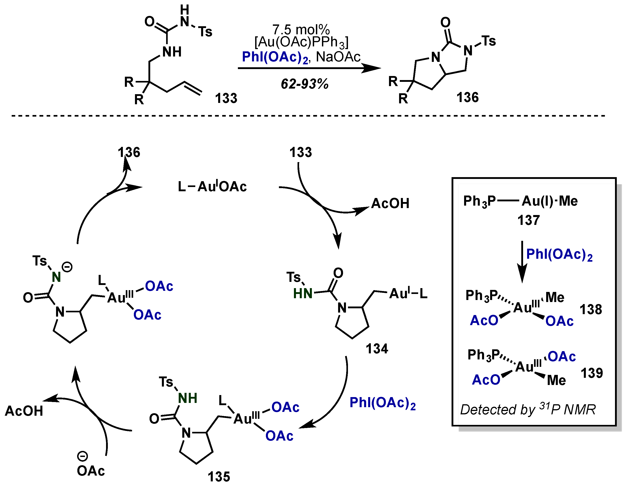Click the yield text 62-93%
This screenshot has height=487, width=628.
tap(304, 84)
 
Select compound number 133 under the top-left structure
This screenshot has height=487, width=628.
tap(226, 98)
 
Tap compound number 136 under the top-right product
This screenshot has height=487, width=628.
tap(467, 98)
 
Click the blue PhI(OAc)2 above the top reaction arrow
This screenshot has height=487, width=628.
tap(275, 57)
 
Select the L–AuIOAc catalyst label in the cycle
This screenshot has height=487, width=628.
tap(212, 187)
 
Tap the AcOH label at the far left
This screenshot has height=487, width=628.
tap(24, 411)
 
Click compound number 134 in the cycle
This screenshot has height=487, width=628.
tap(377, 349)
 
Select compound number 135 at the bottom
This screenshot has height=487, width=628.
tap(219, 477)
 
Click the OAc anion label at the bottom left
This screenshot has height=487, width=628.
tap(91, 471)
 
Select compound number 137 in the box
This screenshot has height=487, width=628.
tap(528, 220)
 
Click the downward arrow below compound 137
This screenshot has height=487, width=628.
tap(522, 262)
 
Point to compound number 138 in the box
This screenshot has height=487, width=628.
tap(591, 310)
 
